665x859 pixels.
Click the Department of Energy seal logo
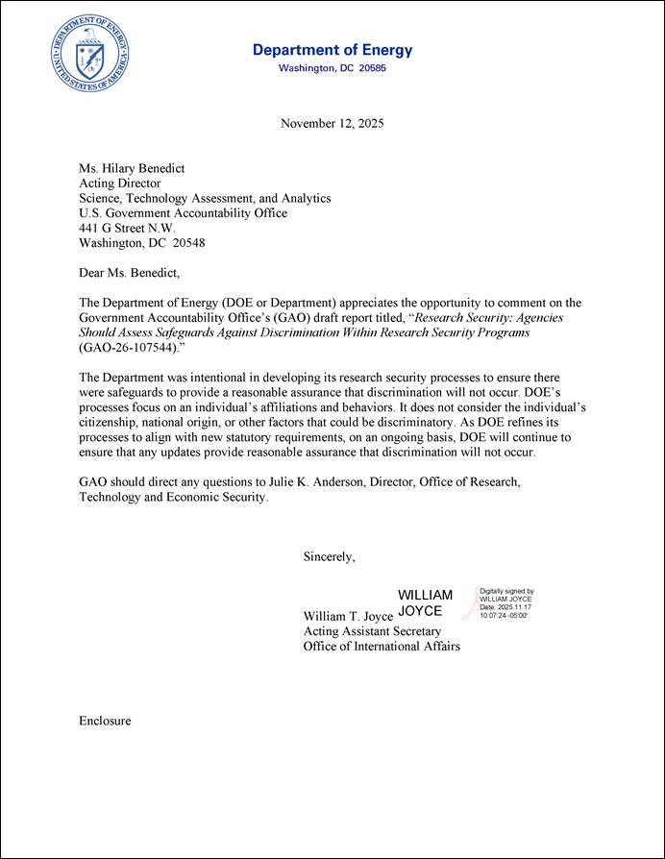pyautogui.click(x=91, y=53)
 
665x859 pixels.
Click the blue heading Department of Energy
pyautogui.click(x=332, y=50)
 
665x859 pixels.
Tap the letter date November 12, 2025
pyautogui.click(x=332, y=123)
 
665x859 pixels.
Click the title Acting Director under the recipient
pyautogui.click(x=119, y=183)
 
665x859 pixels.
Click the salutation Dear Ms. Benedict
pyautogui.click(x=129, y=273)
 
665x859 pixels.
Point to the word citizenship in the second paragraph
pyautogui.click(x=111, y=422)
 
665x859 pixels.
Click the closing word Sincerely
pyautogui.click(x=330, y=556)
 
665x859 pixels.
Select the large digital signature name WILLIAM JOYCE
pyautogui.click(x=425, y=602)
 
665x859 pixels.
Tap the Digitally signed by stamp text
pyautogui.click(x=506, y=592)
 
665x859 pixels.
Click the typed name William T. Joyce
pyautogui.click(x=348, y=616)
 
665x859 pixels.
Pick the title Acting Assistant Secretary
pyautogui.click(x=372, y=631)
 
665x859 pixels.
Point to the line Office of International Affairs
pyautogui.click(x=382, y=647)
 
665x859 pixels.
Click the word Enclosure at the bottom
pyautogui.click(x=105, y=721)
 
